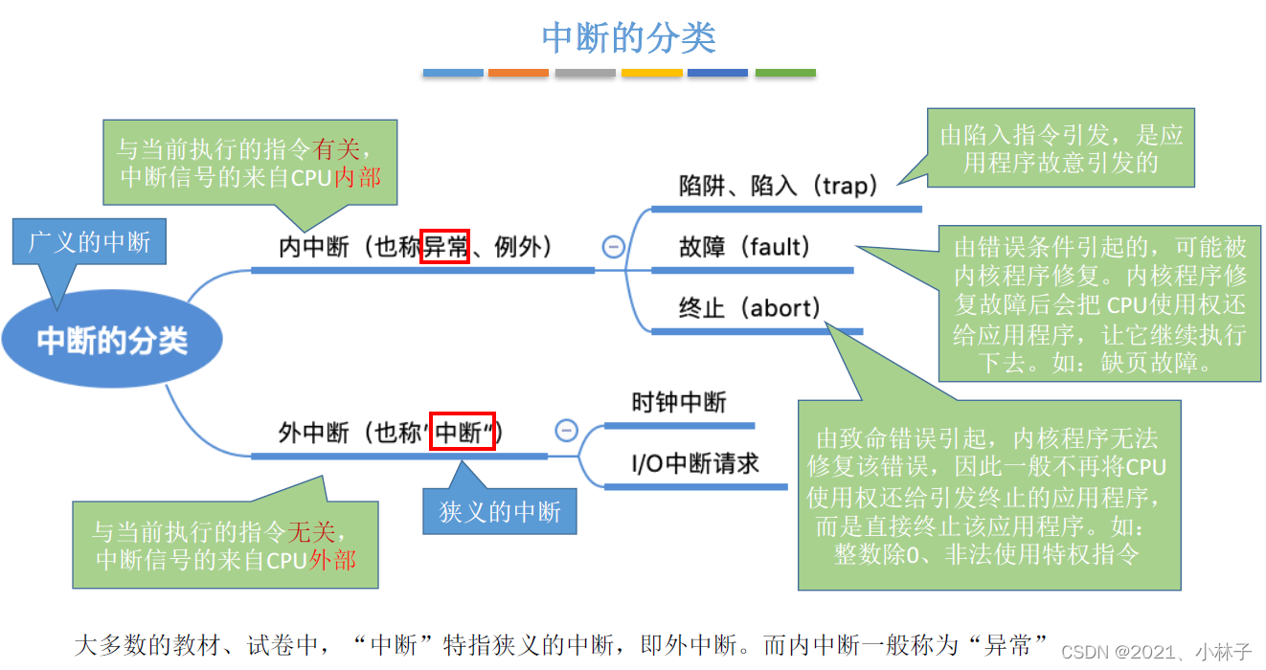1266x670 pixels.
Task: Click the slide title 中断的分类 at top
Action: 629,38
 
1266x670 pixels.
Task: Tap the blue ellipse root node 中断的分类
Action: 112,342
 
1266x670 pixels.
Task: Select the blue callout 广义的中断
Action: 89,242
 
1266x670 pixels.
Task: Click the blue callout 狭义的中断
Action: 500,512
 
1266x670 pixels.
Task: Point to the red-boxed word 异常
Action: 445,247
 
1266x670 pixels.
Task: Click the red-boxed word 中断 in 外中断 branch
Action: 463,433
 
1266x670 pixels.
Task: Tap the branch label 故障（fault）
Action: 745,247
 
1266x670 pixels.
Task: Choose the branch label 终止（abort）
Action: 751,308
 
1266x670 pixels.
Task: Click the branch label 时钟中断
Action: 679,402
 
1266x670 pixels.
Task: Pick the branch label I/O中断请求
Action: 695,464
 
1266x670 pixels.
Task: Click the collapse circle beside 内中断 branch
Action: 613,247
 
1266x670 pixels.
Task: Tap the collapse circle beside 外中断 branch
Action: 567,431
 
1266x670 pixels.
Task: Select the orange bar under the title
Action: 518,73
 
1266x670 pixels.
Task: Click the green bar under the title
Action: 785,73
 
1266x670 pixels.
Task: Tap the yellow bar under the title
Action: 652,73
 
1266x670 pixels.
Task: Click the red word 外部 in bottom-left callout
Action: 331,560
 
